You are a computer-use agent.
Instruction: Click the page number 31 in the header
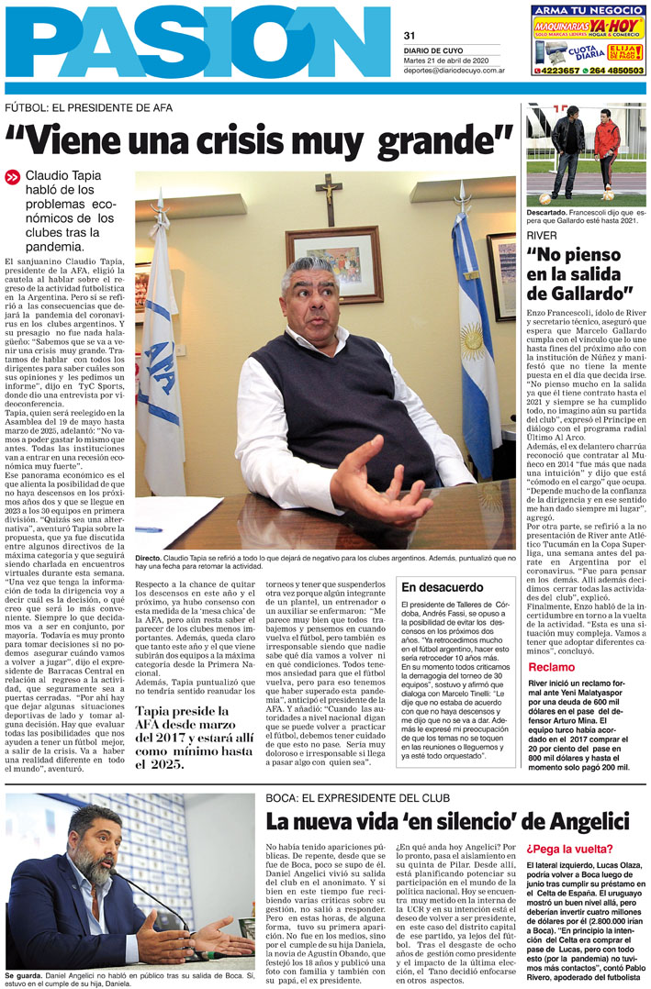[409, 36]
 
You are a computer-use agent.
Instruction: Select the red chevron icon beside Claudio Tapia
[12, 177]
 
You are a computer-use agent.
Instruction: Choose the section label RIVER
[542, 236]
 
